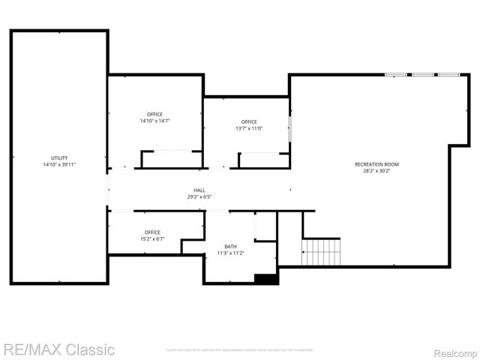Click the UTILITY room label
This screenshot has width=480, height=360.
coord(59,157)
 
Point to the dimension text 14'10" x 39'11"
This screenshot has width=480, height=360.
coord(59,164)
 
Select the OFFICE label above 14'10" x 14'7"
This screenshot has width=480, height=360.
coord(154,114)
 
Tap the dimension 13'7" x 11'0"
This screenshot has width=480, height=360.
coord(249,128)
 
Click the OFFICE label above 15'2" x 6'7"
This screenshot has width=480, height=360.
coord(152,232)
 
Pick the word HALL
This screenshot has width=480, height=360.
coord(199,190)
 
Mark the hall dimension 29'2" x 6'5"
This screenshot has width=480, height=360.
coord(199,197)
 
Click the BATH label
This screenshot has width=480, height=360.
coord(230,246)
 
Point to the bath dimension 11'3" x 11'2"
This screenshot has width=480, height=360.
coord(230,253)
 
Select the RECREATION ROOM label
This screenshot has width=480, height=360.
coord(376,163)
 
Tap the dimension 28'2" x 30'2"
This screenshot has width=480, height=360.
coord(376,170)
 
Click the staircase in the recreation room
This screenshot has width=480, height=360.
coord(321,251)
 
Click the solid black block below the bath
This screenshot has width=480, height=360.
coord(266,279)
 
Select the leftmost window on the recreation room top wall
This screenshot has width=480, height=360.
coord(395,74)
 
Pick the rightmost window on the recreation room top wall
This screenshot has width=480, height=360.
coord(448,74)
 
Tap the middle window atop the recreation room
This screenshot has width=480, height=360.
coord(422,74)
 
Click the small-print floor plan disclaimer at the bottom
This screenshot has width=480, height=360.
coord(238,350)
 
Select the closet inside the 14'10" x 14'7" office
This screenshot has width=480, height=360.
coord(172,159)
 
